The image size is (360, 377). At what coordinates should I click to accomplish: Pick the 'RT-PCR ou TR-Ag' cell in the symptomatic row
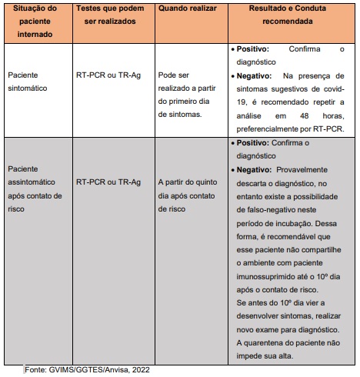(x=108, y=77)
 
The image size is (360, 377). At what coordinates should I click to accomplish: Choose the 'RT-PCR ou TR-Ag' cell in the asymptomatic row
(x=108, y=182)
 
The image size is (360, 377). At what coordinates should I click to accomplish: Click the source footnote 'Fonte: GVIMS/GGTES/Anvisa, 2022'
(x=87, y=370)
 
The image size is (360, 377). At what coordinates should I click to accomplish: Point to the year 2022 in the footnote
(x=138, y=370)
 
